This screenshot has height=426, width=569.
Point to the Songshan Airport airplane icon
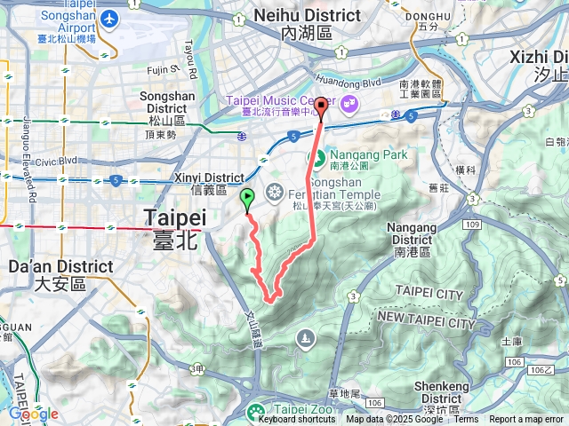(x=110, y=19)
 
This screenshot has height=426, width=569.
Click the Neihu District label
(x=307, y=16)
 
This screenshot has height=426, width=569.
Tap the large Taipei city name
(x=175, y=218)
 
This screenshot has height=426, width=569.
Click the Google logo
(x=33, y=414)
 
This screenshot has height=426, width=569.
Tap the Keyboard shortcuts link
(x=297, y=420)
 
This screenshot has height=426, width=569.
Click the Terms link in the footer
(x=466, y=420)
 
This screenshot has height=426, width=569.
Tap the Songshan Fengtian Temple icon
(x=274, y=191)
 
